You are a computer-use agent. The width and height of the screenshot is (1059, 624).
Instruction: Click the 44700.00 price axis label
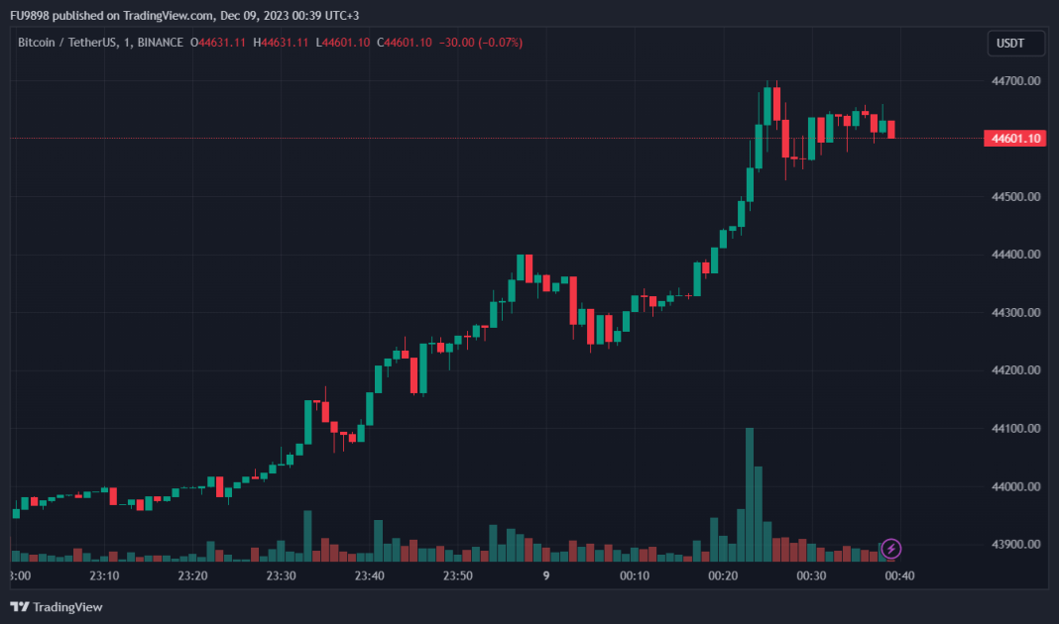tap(1019, 80)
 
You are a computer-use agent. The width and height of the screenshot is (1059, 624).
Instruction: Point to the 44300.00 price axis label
tap(1019, 312)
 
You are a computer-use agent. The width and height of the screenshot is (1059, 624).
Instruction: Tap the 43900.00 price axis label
tap(1019, 545)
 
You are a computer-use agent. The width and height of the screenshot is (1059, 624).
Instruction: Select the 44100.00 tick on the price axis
tap(1019, 428)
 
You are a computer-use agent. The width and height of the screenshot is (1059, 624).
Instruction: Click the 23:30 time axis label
tap(281, 575)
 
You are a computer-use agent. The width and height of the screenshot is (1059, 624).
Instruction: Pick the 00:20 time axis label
tap(723, 575)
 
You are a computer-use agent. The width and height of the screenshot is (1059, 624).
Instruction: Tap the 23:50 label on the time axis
tap(457, 575)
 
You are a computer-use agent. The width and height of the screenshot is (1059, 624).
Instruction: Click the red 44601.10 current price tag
tap(1013, 139)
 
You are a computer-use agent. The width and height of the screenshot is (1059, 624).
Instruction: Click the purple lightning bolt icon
tap(891, 548)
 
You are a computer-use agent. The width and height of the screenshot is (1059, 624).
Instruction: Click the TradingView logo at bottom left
tap(57, 606)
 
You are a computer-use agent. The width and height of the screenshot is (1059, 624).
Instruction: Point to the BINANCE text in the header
tap(161, 43)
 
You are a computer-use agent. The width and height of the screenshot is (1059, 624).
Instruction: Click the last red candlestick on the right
tap(891, 129)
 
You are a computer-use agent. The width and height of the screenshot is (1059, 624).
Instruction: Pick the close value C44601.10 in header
tap(407, 43)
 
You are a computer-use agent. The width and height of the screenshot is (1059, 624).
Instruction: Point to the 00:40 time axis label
tap(899, 575)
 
